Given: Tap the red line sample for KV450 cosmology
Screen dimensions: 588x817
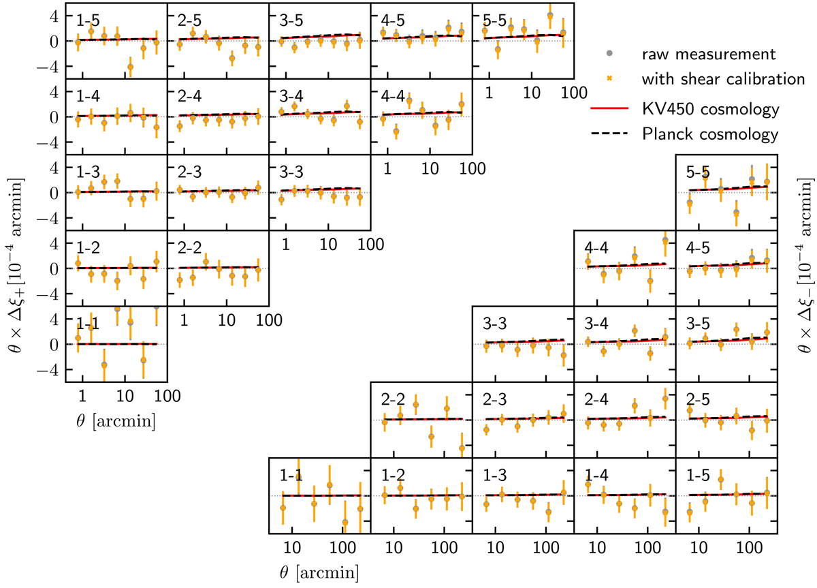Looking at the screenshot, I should pos(607,108).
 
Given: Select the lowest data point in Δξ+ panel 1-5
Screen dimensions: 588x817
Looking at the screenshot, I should pos(131,67).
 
